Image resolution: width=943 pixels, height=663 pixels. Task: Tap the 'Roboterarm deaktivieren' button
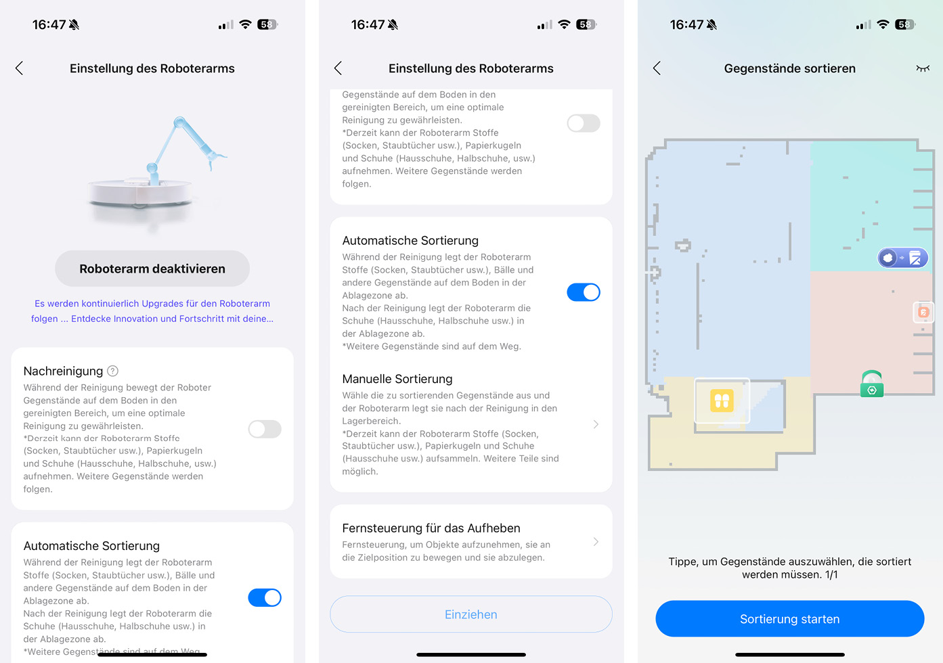pyautogui.click(x=152, y=269)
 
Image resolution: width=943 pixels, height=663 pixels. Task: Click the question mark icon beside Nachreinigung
pyautogui.click(x=112, y=371)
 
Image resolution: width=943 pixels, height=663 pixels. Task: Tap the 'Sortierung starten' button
pyautogui.click(x=789, y=618)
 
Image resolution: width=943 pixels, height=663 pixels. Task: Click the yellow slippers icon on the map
pyautogui.click(x=722, y=400)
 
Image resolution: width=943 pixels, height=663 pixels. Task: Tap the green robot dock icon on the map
pyautogui.click(x=871, y=384)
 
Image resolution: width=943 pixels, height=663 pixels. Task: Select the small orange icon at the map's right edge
pyautogui.click(x=923, y=312)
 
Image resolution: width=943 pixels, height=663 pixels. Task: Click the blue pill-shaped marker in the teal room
pyautogui.click(x=902, y=258)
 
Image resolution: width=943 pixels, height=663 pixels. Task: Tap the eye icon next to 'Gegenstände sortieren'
pyautogui.click(x=923, y=68)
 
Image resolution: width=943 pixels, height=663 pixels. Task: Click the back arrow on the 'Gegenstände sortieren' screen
pyautogui.click(x=657, y=68)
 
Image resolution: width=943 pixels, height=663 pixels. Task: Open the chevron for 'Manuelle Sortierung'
pyautogui.click(x=596, y=424)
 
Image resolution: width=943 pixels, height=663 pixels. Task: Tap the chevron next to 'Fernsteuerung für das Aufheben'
pyautogui.click(x=596, y=541)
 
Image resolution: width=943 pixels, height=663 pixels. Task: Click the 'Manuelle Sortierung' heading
pyautogui.click(x=397, y=379)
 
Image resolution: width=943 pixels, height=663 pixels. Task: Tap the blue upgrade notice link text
pyautogui.click(x=152, y=311)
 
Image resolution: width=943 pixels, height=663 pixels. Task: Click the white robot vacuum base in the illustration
pyautogui.click(x=139, y=194)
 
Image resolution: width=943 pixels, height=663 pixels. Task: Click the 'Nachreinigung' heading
pyautogui.click(x=63, y=371)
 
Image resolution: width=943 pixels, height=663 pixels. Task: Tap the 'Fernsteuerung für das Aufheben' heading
pyautogui.click(x=431, y=528)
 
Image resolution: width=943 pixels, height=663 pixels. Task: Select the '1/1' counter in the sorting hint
pyautogui.click(x=831, y=574)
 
